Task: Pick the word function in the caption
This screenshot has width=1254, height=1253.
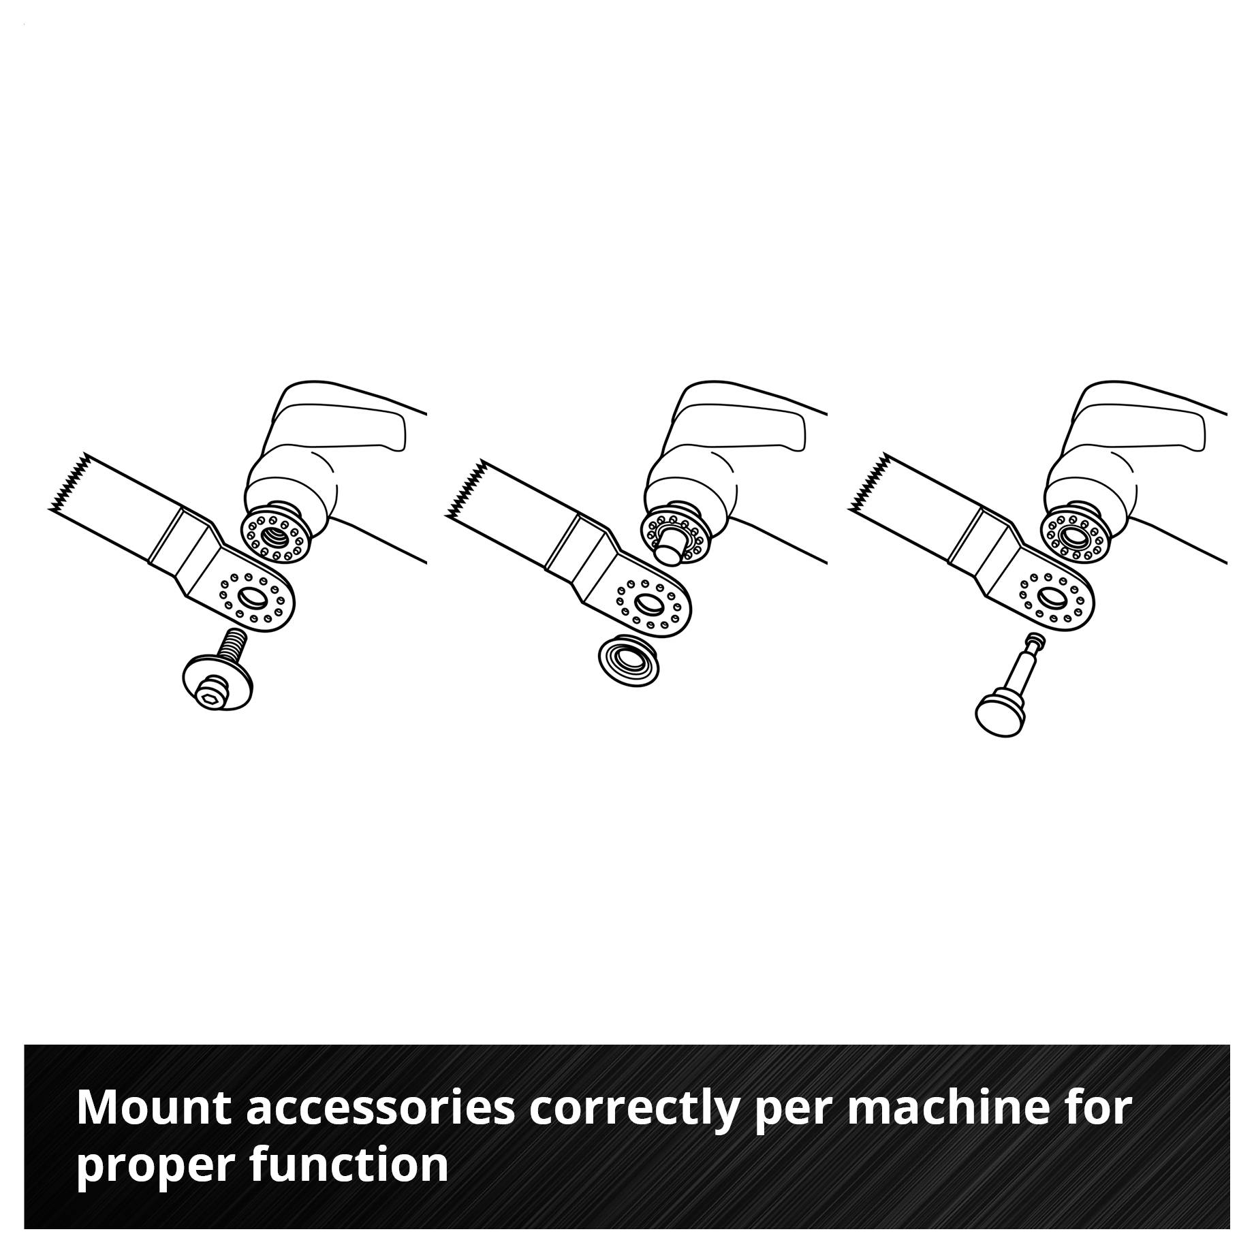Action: tap(349, 1165)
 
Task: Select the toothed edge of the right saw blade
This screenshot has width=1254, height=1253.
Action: tap(867, 482)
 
